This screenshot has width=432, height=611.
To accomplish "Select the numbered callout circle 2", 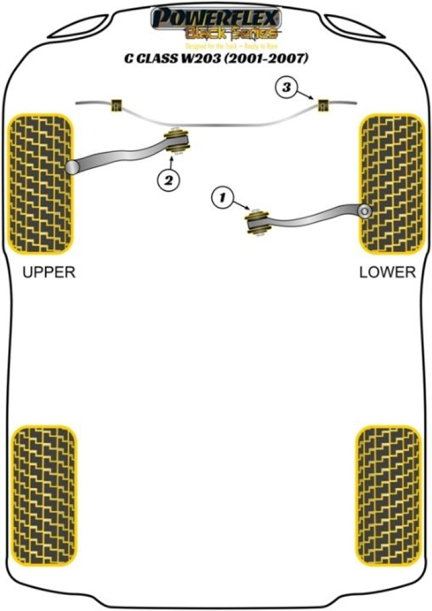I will coord(169,179).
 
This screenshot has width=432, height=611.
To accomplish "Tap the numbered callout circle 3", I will coord(287,88).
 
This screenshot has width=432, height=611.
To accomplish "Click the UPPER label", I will coord(49,272).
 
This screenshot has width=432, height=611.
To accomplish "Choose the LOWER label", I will coord(388,272).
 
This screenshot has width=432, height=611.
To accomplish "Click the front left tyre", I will coord(41,183).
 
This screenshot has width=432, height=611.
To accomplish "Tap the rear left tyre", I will coord(44,495).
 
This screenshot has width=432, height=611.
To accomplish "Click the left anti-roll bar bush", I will coord(115,104).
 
